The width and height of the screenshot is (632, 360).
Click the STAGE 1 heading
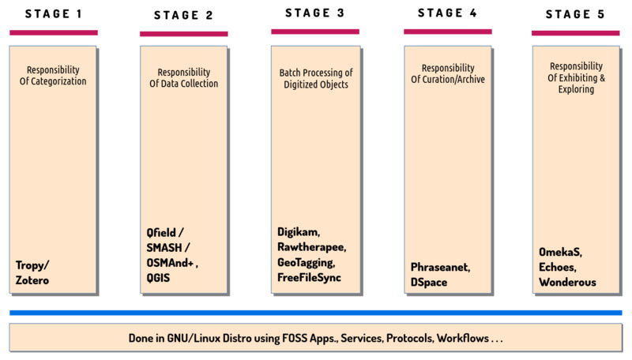click(x=54, y=14)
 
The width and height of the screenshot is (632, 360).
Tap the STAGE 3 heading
click(x=314, y=13)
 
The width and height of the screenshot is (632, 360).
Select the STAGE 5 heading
click(x=575, y=14)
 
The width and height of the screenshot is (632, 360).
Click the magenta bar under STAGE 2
click(x=184, y=34)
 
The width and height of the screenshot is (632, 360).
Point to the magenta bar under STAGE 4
click(x=448, y=32)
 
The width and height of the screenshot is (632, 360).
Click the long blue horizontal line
click(x=315, y=313)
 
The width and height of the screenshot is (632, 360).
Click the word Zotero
click(x=32, y=280)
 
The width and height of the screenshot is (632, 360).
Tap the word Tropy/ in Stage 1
click(x=32, y=265)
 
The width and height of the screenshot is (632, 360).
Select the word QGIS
click(x=158, y=278)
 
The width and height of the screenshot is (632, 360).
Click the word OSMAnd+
click(x=170, y=263)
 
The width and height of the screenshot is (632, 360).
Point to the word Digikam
click(x=299, y=232)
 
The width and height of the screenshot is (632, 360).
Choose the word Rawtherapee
click(x=311, y=247)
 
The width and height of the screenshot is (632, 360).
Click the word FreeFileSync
click(x=309, y=277)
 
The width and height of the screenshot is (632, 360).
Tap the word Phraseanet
click(x=440, y=268)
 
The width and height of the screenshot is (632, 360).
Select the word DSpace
click(x=429, y=283)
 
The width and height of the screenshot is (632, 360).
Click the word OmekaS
click(x=560, y=252)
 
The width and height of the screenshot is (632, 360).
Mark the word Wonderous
click(x=567, y=283)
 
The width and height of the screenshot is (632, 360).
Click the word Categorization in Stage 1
click(x=58, y=81)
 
